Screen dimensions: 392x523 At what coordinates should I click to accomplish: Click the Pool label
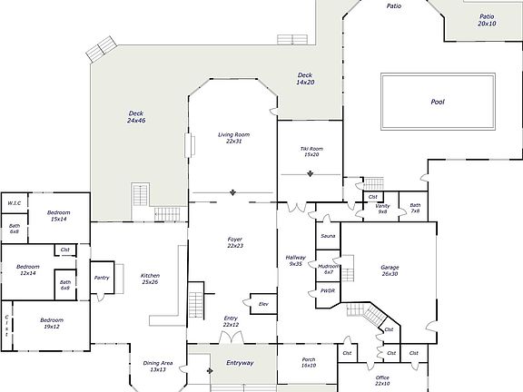tap(437, 103)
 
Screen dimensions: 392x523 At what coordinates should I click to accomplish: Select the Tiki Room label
tap(311, 151)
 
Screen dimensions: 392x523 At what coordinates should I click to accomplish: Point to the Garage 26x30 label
tap(390, 270)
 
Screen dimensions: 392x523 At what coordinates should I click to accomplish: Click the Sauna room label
tap(327, 236)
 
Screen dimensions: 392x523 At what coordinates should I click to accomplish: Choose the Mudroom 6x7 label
tap(329, 269)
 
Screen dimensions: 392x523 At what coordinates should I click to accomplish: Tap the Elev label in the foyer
tap(263, 303)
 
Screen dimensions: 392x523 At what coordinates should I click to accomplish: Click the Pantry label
tap(102, 278)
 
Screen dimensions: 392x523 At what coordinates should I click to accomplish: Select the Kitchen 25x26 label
tap(150, 279)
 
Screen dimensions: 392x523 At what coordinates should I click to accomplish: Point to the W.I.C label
tap(15, 203)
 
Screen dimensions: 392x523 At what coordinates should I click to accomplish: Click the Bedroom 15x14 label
tap(59, 216)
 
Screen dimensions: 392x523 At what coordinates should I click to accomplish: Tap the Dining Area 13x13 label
tap(157, 367)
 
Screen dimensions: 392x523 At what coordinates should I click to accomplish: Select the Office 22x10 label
tap(381, 380)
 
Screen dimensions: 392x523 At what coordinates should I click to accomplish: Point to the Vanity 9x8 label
tap(381, 209)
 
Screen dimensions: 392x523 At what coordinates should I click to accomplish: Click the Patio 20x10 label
tap(487, 20)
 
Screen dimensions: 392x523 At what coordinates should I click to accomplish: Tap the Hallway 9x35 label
tap(296, 260)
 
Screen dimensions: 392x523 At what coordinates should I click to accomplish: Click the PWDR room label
tap(328, 291)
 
